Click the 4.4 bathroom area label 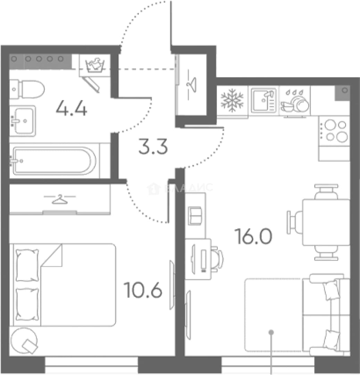point(72,109)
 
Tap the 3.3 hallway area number point(153,146)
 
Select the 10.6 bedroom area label point(143,290)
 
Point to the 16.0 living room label point(253,236)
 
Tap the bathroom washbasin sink point(23,121)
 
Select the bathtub point(54,160)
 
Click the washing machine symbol point(95,65)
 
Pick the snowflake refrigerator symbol point(232,100)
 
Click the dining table point(326,222)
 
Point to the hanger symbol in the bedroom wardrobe point(59,199)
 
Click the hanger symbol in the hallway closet point(192,85)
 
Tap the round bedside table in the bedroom point(24,341)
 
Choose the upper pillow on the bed point(27,265)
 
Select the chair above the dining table point(326,192)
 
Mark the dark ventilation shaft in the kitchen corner point(342,93)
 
